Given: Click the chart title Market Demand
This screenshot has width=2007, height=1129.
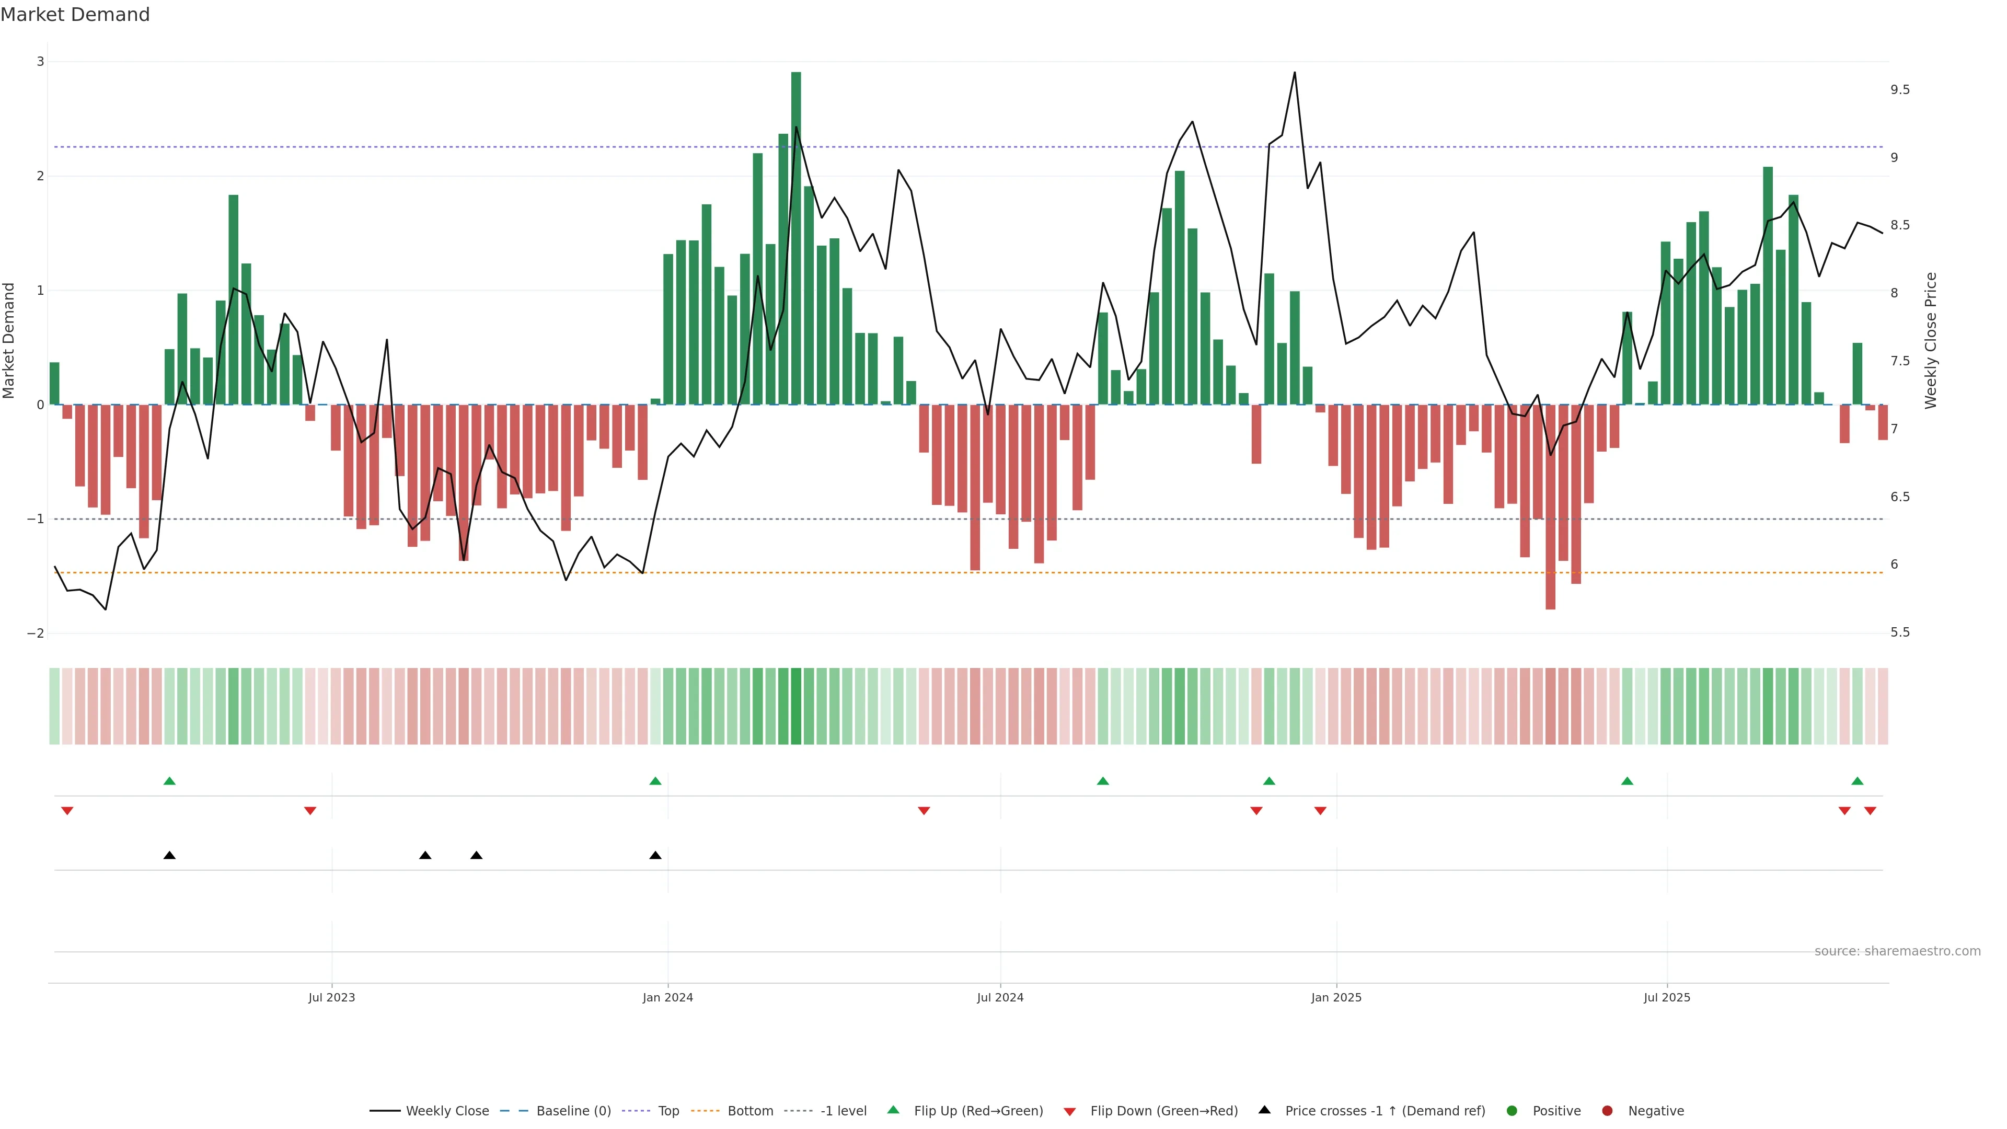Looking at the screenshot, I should pyautogui.click(x=75, y=15).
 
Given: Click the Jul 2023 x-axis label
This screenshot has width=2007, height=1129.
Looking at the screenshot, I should pyautogui.click(x=331, y=997).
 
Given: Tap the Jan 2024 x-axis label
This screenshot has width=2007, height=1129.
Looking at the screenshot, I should pyautogui.click(x=668, y=997).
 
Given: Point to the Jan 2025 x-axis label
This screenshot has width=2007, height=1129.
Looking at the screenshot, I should pyautogui.click(x=1336, y=997).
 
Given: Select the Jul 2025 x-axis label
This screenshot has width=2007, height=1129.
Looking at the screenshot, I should pyautogui.click(x=1667, y=997).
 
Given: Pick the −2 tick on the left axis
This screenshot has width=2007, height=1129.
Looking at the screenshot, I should pyautogui.click(x=36, y=633).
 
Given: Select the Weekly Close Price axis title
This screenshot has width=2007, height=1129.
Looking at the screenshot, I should pyautogui.click(x=1931, y=340).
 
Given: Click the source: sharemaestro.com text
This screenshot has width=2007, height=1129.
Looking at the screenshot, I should pyautogui.click(x=1897, y=951).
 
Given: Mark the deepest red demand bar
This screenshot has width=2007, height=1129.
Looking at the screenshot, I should pyautogui.click(x=1550, y=506).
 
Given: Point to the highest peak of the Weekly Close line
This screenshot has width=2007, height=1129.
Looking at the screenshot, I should pyautogui.click(x=1295, y=73).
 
